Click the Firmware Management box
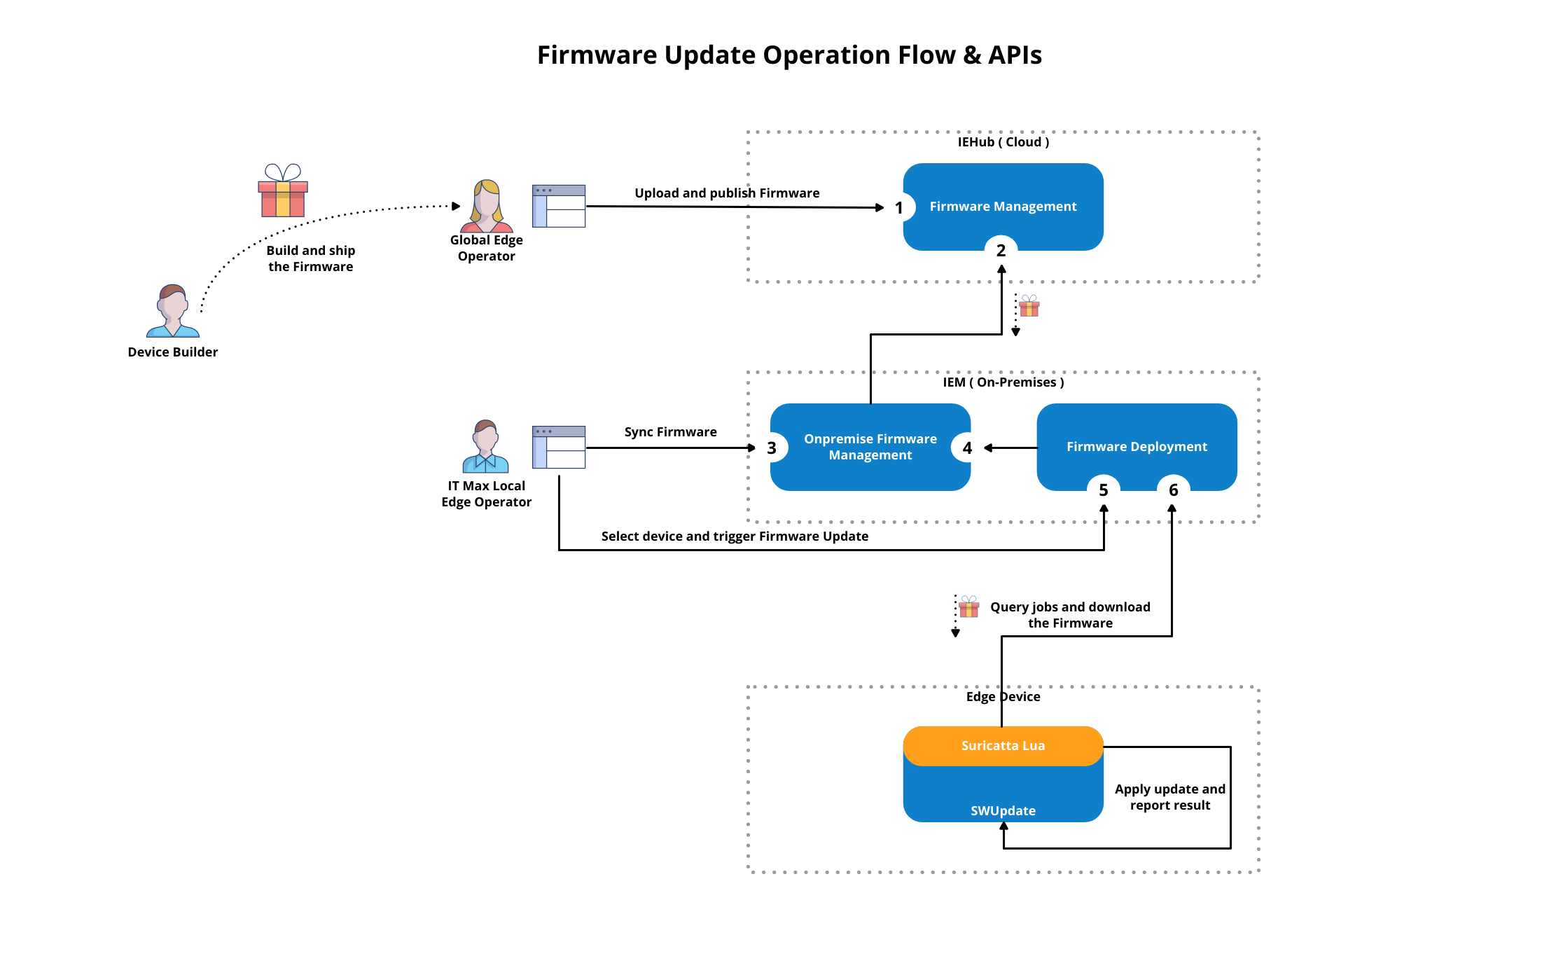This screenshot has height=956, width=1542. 1003,207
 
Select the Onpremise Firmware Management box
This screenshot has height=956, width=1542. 870,447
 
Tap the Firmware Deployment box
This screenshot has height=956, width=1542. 1136,447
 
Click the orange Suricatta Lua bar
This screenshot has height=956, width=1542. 1003,746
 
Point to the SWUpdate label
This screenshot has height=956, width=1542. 1003,810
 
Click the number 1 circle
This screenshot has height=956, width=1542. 899,208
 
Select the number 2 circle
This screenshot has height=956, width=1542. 1001,250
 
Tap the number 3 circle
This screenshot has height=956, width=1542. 772,448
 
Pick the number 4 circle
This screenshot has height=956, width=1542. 967,448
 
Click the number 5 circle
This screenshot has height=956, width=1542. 1103,490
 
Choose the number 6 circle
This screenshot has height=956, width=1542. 1173,490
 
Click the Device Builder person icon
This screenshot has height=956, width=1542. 173,311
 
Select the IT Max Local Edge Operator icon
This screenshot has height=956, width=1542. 485,447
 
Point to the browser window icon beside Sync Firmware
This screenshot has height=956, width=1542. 558,447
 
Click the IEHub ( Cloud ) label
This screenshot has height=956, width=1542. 1003,142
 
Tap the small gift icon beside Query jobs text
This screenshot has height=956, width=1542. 969,607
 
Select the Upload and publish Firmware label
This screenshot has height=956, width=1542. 727,193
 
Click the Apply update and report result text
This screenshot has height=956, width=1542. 1169,797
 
